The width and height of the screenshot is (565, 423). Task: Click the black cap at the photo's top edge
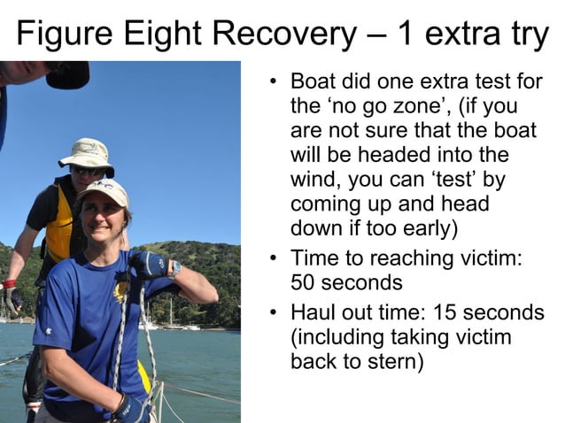coord(66,74)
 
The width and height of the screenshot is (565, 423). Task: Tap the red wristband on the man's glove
coord(10,284)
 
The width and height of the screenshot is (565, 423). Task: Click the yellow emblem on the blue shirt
coord(121,288)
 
